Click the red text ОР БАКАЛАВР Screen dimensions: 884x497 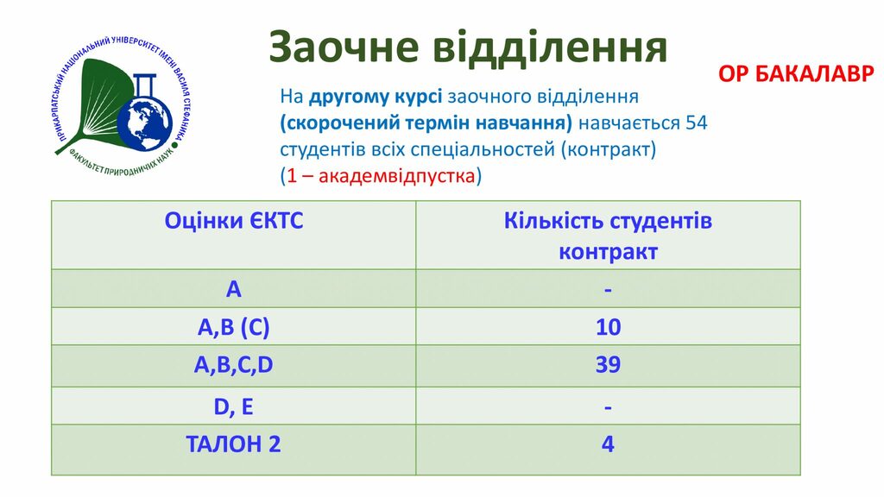pyautogui.click(x=796, y=74)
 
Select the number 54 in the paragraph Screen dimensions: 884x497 pyautogui.click(x=696, y=123)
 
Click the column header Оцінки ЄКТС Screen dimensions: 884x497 pyautogui.click(x=233, y=220)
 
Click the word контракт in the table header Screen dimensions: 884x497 pyautogui.click(x=608, y=252)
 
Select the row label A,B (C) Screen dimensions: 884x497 pyautogui.click(x=233, y=327)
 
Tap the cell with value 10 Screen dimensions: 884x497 pyautogui.click(x=609, y=327)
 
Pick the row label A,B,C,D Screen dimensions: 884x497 pyautogui.click(x=233, y=365)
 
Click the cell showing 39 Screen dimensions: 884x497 pyautogui.click(x=608, y=365)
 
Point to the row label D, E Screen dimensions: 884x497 pyautogui.click(x=233, y=407)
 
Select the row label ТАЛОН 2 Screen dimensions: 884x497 pyautogui.click(x=233, y=444)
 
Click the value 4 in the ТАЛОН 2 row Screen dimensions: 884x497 pyautogui.click(x=608, y=444)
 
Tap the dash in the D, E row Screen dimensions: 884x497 pyautogui.click(x=608, y=407)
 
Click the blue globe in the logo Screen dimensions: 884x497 pyautogui.click(x=145, y=123)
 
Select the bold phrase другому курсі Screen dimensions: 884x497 pyautogui.click(x=375, y=97)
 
